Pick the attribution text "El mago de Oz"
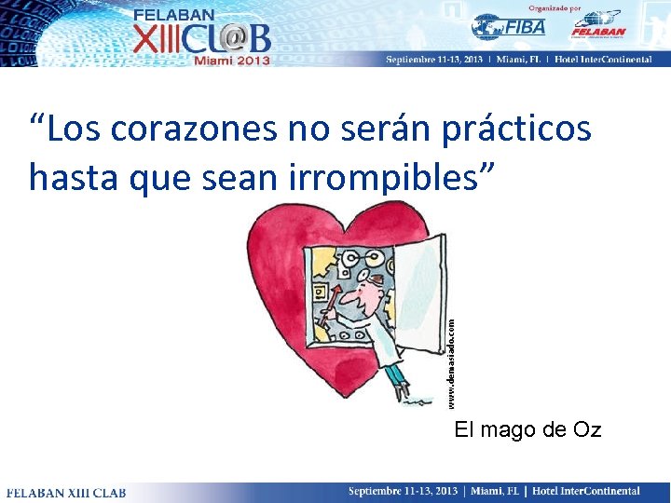[x=527, y=429]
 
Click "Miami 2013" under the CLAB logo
[x=231, y=60]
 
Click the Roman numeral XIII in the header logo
[x=160, y=39]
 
